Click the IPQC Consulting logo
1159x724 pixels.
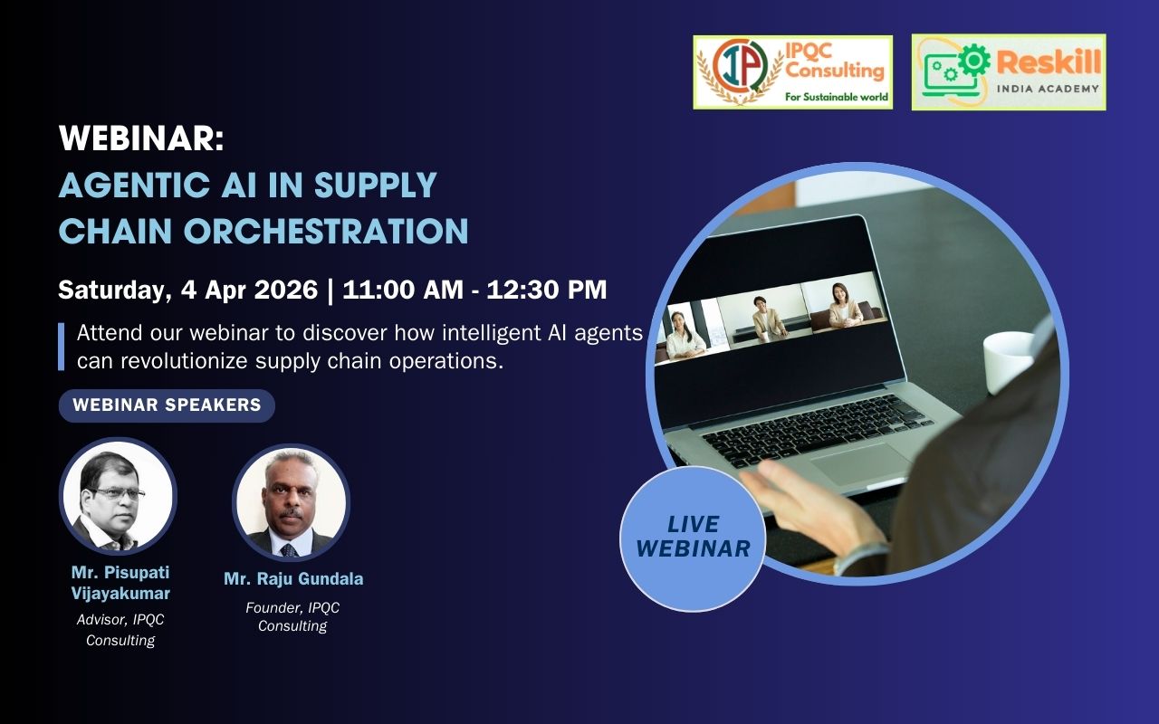point(792,71)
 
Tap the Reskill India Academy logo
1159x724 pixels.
point(1009,71)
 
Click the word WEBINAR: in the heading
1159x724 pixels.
point(141,138)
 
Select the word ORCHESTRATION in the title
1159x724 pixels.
point(326,231)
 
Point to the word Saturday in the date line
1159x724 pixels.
point(114,290)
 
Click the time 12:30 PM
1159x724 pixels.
point(546,289)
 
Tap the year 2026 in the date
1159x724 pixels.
point(285,289)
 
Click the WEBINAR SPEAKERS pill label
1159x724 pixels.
point(167,405)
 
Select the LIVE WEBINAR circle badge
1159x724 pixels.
point(693,538)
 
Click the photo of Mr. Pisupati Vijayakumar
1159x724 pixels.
point(118,497)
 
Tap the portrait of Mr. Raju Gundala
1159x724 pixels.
point(292,502)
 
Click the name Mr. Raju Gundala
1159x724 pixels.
point(293,578)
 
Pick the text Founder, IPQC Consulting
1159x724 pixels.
point(292,616)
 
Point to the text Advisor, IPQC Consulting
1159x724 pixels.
point(120,630)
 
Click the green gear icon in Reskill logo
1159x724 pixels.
point(973,60)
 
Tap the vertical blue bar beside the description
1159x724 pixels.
point(61,347)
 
